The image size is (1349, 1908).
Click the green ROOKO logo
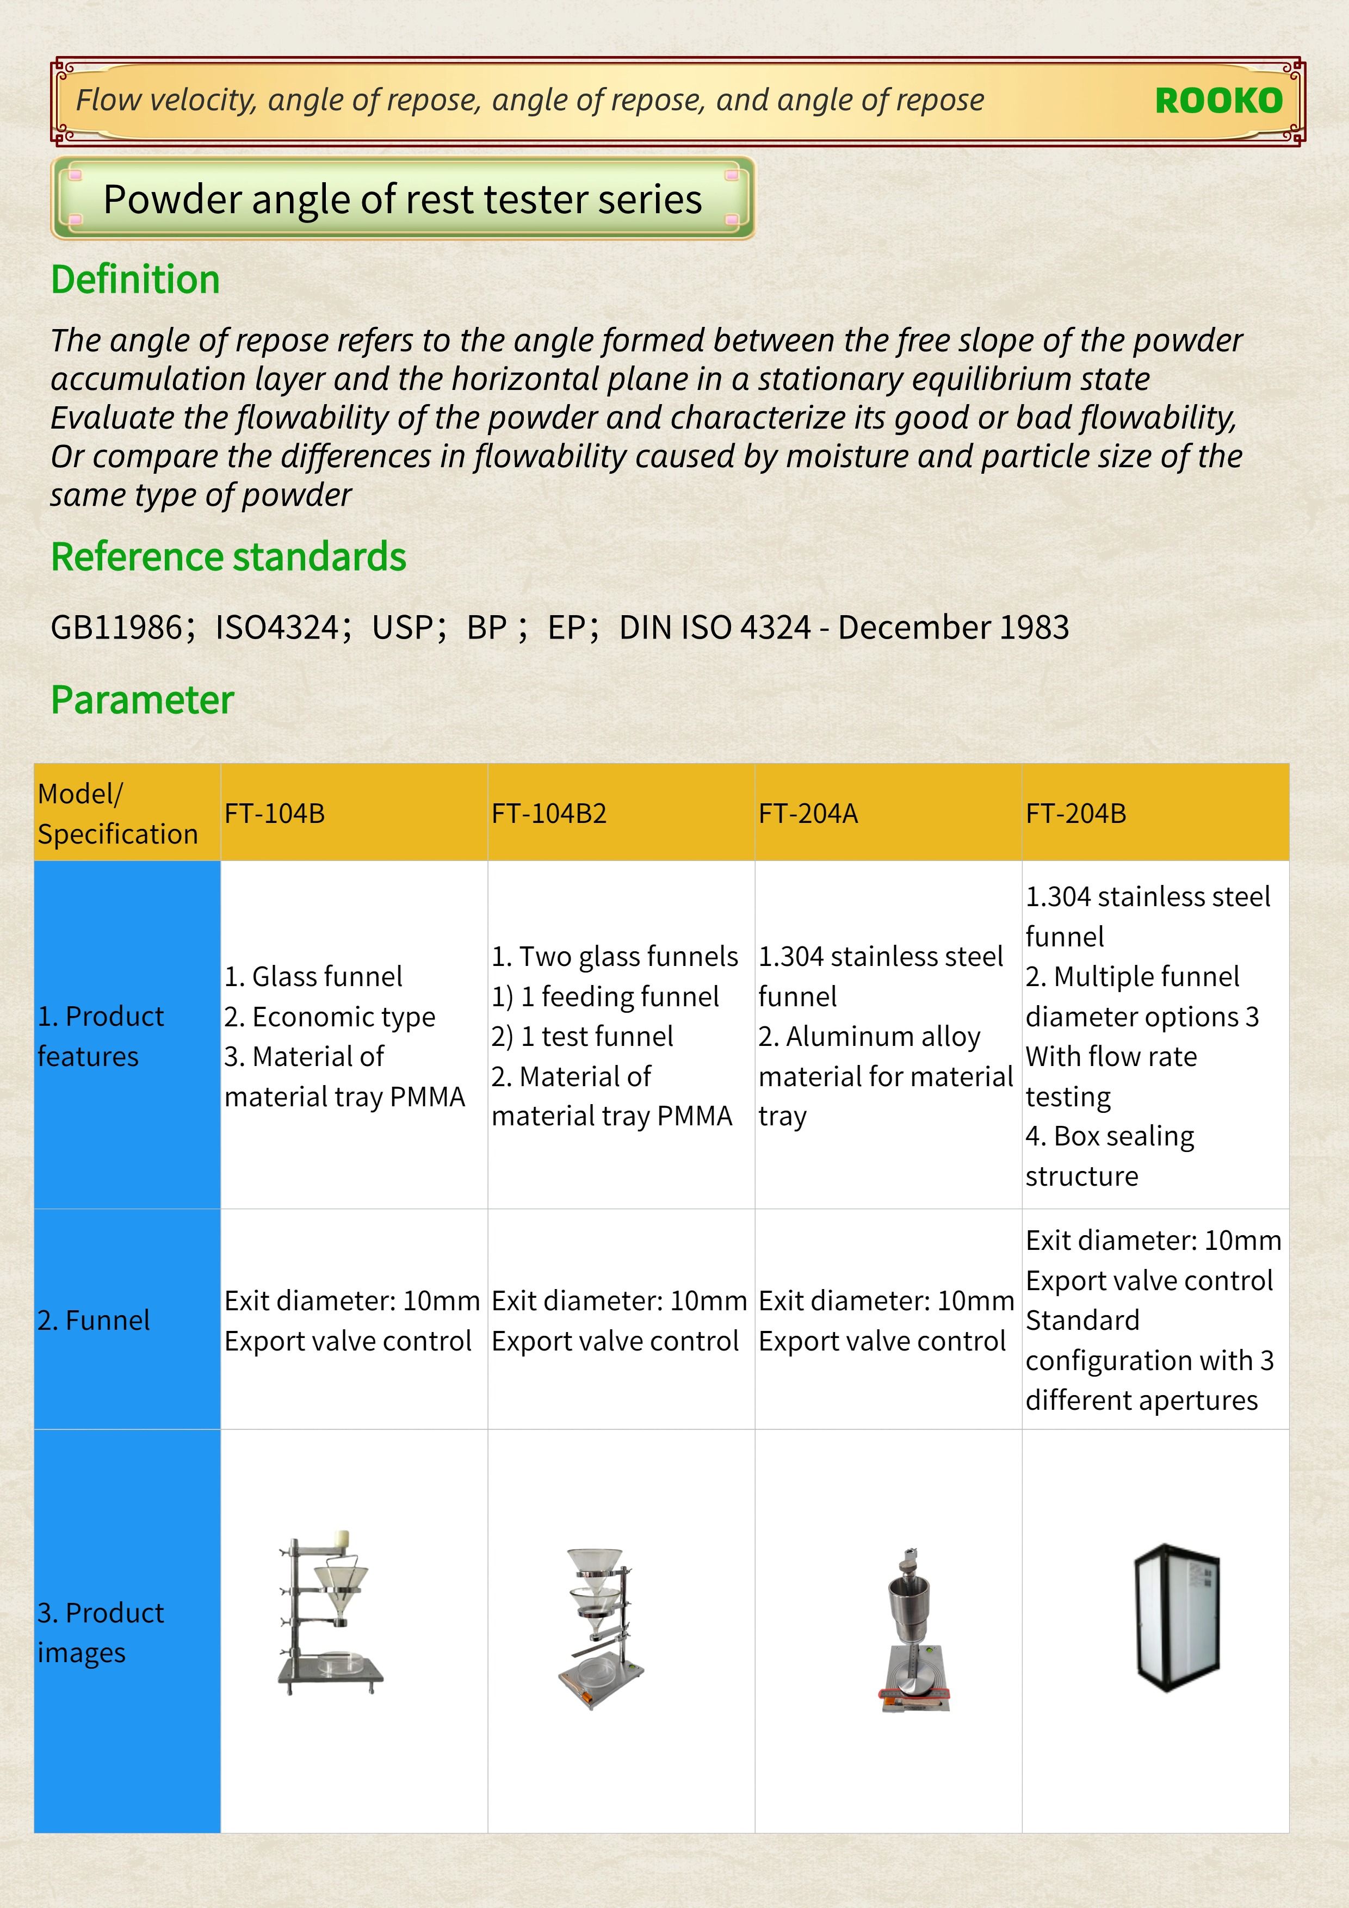pyautogui.click(x=1218, y=101)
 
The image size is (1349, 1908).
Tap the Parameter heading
pyautogui.click(x=142, y=699)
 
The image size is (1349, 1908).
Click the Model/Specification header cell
pyautogui.click(x=118, y=814)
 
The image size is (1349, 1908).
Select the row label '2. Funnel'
pyautogui.click(x=94, y=1320)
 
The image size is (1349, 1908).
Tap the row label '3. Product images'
pyautogui.click(x=101, y=1632)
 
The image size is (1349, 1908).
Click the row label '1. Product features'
pyautogui.click(x=101, y=1036)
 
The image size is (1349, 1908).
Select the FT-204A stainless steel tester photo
pyautogui.click(x=913, y=1630)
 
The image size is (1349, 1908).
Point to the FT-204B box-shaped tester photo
pyautogui.click(x=1177, y=1618)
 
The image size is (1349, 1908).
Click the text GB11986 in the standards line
pyautogui.click(x=116, y=628)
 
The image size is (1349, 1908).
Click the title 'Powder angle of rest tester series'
pyautogui.click(x=403, y=200)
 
